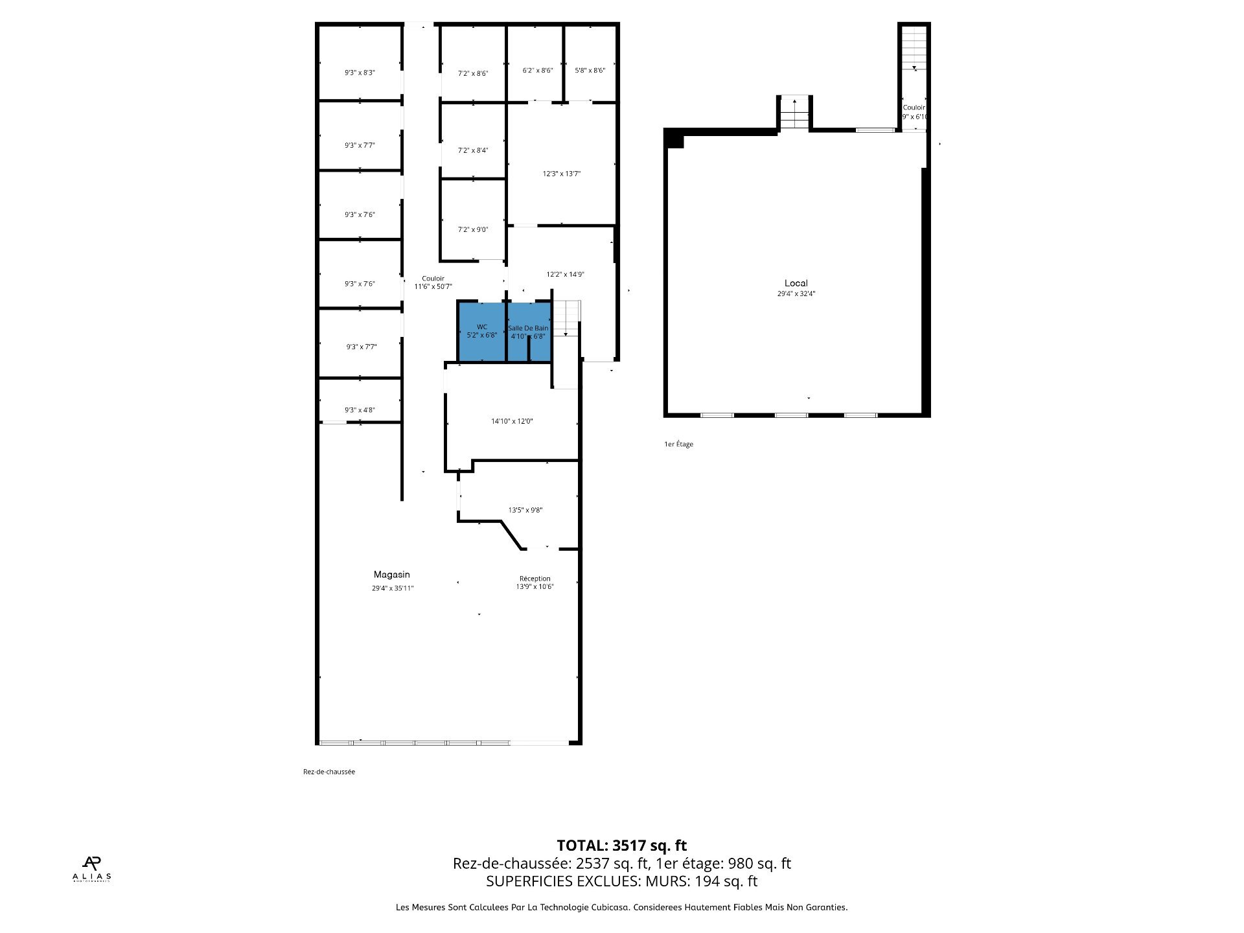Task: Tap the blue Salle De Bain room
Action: click(x=528, y=347)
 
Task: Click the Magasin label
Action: click(x=392, y=575)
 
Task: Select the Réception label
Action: click(x=535, y=579)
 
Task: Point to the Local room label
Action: click(x=796, y=283)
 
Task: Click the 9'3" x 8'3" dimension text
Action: click(x=360, y=73)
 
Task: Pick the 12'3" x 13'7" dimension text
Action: click(x=561, y=174)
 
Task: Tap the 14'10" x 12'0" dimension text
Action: click(x=512, y=421)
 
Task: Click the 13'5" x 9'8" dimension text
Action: click(x=525, y=510)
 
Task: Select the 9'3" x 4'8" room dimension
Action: click(x=360, y=410)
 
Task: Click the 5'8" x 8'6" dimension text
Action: click(x=590, y=70)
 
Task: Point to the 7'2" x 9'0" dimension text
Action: click(x=473, y=229)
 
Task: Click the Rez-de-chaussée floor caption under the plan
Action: click(x=329, y=772)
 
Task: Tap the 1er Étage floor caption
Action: click(x=678, y=444)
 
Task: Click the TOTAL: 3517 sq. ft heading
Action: click(x=621, y=846)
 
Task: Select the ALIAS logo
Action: click(x=91, y=869)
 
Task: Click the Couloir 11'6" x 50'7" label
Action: click(x=433, y=282)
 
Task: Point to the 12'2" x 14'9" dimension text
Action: click(x=565, y=274)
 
